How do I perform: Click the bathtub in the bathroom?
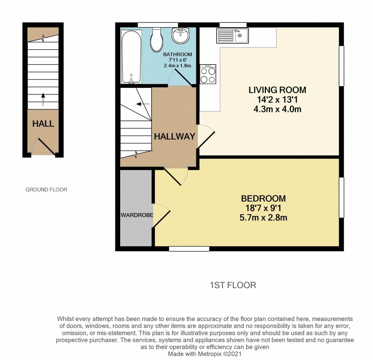(131, 57)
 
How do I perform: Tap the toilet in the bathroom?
(157, 40)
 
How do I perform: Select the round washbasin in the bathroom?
(181, 36)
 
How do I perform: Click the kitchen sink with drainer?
(233, 36)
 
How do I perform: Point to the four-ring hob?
(208, 74)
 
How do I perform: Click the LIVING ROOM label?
(277, 90)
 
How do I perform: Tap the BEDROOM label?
(263, 198)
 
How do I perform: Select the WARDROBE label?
(137, 215)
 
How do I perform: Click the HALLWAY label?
(174, 136)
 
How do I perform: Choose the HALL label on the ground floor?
(43, 123)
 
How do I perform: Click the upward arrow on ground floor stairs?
(43, 99)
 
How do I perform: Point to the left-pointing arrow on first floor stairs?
(143, 104)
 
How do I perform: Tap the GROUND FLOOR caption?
(46, 189)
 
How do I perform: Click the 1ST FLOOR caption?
(233, 285)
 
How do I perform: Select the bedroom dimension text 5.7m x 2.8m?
(263, 217)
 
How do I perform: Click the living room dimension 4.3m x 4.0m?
(277, 109)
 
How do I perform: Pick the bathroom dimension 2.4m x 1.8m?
(177, 65)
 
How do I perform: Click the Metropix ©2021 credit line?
(205, 354)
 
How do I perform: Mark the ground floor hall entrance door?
(45, 147)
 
